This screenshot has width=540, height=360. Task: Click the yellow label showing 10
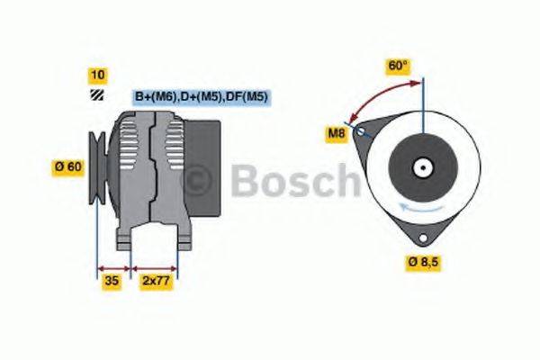tap(98, 74)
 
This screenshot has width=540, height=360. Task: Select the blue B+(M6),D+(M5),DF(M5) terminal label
tap(202, 96)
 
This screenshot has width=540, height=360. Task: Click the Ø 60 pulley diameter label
tap(70, 166)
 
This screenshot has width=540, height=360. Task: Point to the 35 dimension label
tap(112, 281)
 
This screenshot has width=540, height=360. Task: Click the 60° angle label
tap(398, 66)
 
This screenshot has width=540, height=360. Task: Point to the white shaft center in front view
tap(421, 166)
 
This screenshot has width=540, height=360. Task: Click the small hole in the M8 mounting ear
tap(361, 131)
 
